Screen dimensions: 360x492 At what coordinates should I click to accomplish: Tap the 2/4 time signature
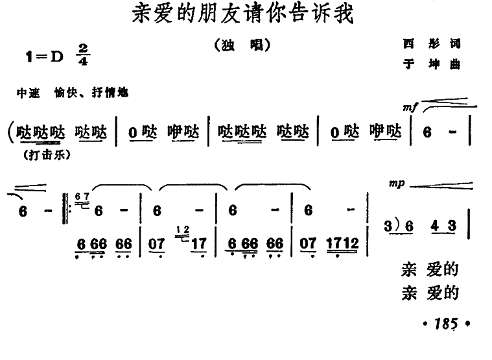[82, 54]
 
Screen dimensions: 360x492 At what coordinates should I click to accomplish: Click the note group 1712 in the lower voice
[344, 245]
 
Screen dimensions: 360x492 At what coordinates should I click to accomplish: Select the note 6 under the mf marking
[427, 132]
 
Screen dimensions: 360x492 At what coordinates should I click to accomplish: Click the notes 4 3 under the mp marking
[444, 226]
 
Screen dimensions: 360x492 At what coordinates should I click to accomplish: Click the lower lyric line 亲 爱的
[430, 293]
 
